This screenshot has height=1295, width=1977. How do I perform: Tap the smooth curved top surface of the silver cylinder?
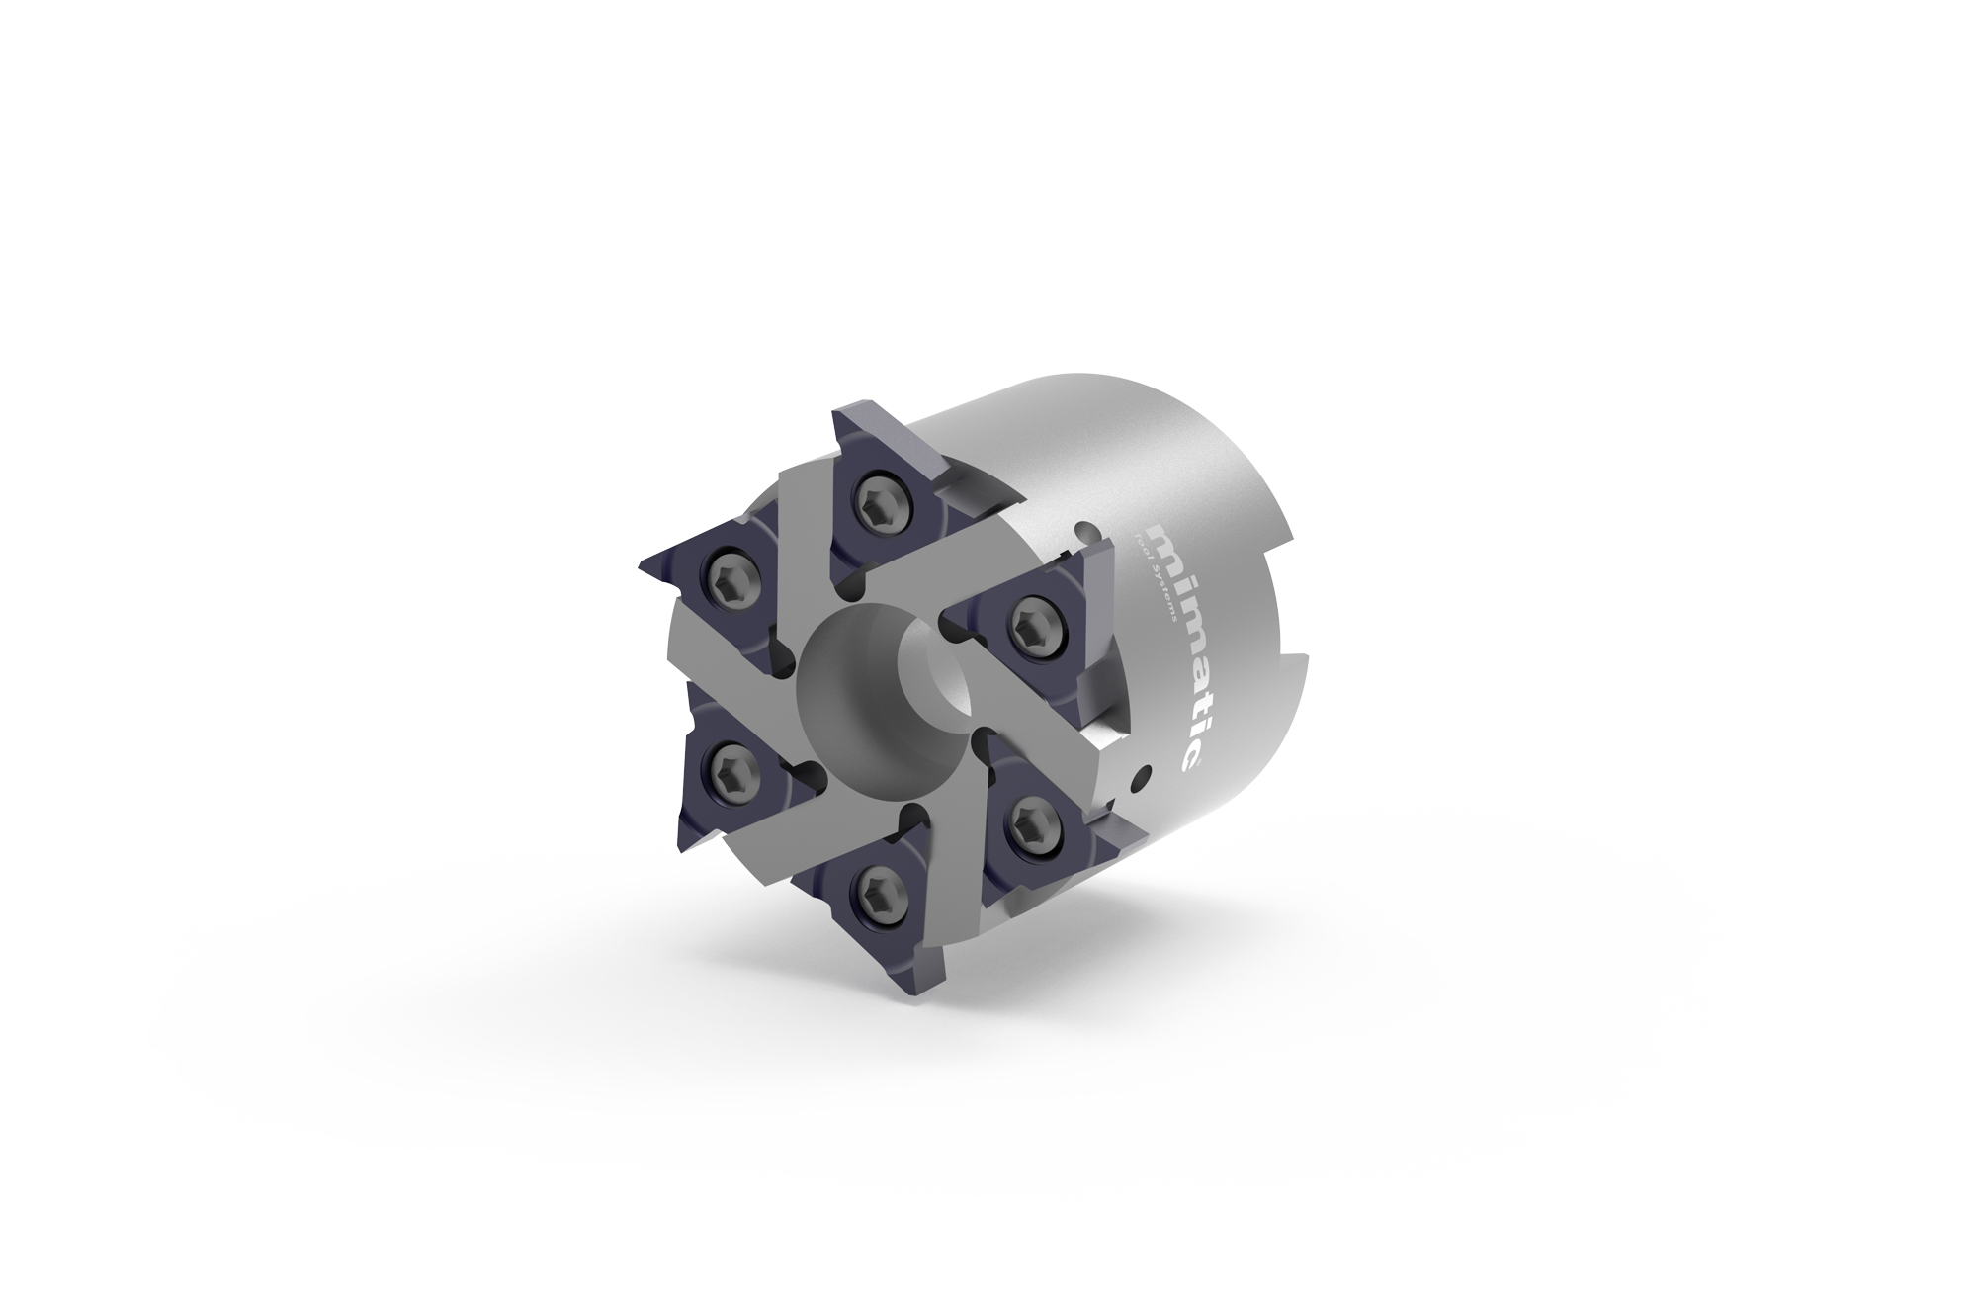1087,415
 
